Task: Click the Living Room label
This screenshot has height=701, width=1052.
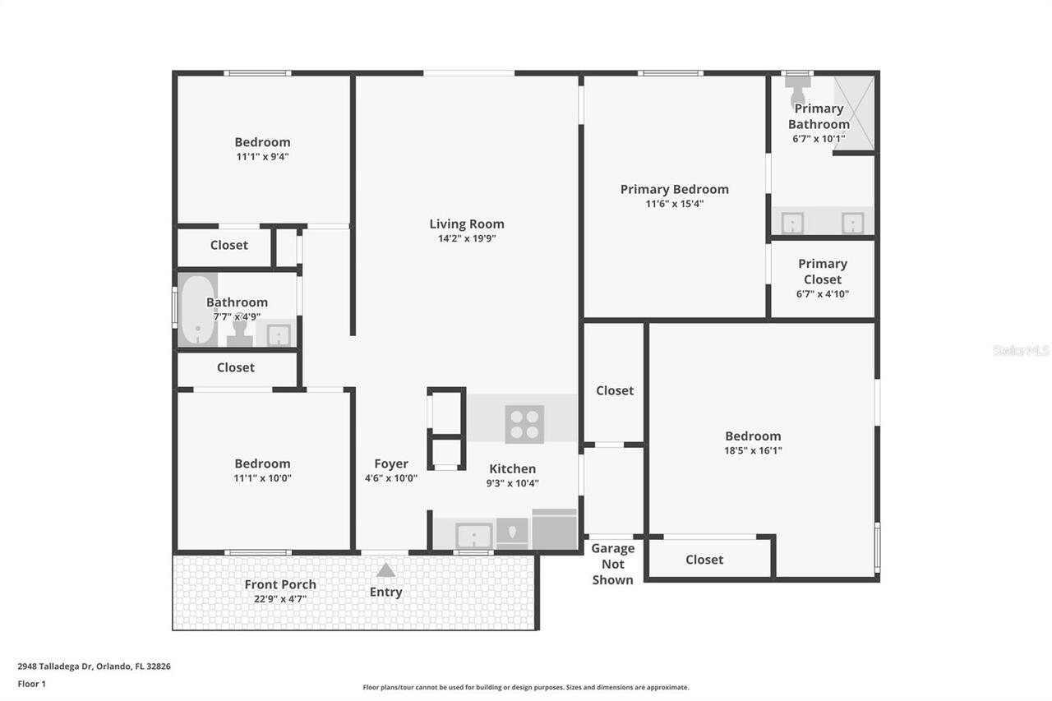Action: pos(466,224)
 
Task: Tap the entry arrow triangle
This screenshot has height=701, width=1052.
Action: pos(385,570)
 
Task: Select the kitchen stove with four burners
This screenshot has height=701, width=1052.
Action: pos(525,424)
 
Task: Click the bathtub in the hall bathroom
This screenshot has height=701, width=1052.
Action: pos(196,311)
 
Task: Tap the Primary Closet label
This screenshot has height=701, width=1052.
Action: pos(822,271)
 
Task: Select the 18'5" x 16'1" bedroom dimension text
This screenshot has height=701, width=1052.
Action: pos(753,450)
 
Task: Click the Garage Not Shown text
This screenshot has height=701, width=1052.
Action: pos(613,564)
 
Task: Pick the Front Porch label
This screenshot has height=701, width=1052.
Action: pos(280,584)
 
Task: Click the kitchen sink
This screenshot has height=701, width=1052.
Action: pos(474,536)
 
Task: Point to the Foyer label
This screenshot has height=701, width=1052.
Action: pos(391,463)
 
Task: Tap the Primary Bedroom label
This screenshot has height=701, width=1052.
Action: pos(674,189)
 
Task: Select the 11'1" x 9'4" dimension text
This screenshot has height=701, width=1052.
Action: pos(262,156)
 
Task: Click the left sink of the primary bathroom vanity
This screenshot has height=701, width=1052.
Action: pos(792,223)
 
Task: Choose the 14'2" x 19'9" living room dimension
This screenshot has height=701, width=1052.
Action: pos(466,238)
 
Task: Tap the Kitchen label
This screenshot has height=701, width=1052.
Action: pos(512,468)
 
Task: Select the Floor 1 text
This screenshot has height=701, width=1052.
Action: pos(31,683)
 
